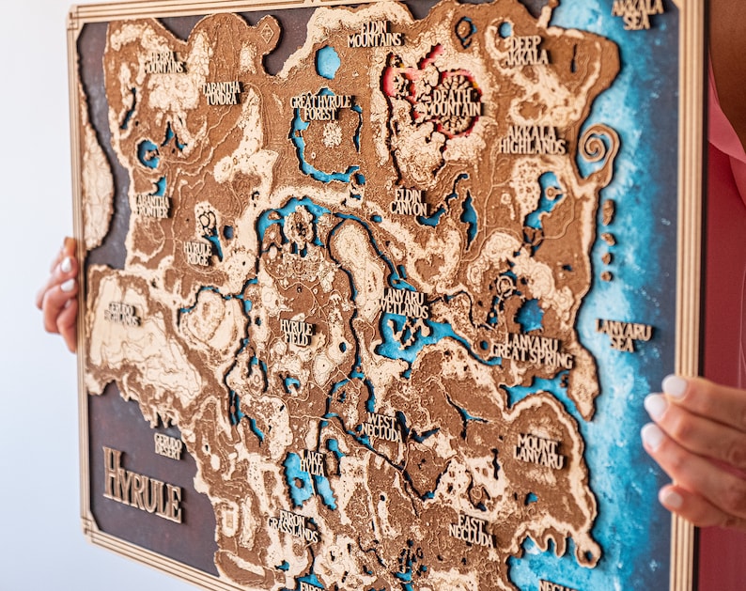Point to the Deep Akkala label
[x=526, y=50]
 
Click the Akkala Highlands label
[x=532, y=140]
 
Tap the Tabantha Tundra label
[x=222, y=91]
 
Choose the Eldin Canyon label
[x=410, y=201]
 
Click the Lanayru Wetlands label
[x=405, y=303]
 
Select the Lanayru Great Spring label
[x=531, y=351]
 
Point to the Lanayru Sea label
[x=623, y=334]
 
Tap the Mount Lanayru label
[x=538, y=450]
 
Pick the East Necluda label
[x=471, y=529]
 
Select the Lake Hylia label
[x=311, y=462]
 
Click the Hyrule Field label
[x=297, y=332]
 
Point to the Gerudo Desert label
[x=169, y=444]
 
